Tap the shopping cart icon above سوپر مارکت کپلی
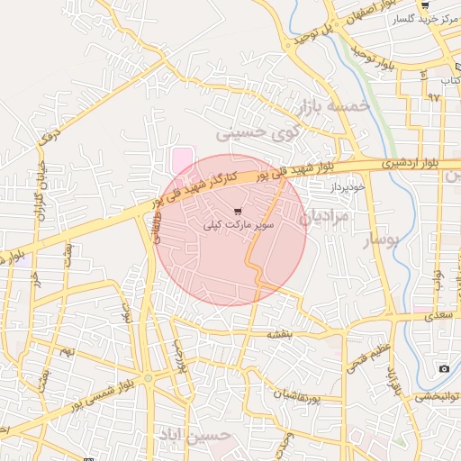pyautogui.click(x=237, y=212)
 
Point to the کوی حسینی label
pyautogui.click(x=256, y=133)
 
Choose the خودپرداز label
pyautogui.click(x=345, y=185)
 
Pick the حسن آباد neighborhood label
pyautogui.click(x=205, y=436)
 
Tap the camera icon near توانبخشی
pyautogui.click(x=444, y=369)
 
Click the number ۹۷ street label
pyautogui.click(x=435, y=96)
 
